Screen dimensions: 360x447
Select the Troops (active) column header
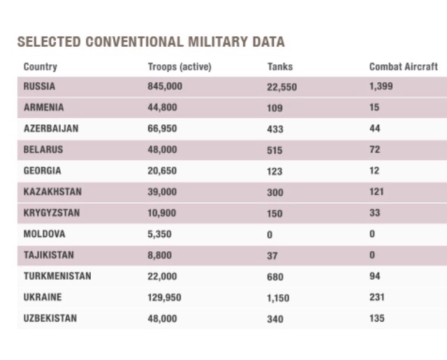point(179,67)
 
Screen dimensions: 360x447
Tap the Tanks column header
point(280,67)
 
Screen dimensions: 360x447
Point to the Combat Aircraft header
point(404,67)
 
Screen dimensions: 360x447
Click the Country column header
point(41,67)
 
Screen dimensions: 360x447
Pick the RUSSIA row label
point(39,87)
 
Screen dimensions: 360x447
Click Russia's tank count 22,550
point(282,87)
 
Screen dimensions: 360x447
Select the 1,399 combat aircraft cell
point(381,87)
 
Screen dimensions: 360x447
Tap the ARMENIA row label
point(43,107)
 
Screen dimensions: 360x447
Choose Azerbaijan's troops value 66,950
point(163,129)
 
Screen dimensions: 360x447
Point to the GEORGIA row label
point(43,171)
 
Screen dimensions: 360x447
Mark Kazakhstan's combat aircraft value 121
point(376,192)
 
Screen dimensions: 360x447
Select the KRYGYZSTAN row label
point(52,213)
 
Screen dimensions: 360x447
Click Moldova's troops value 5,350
point(160,234)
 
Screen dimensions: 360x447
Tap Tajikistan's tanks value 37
point(272,255)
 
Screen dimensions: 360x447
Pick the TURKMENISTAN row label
point(57,276)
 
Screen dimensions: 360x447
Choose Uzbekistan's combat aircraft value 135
point(377,319)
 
